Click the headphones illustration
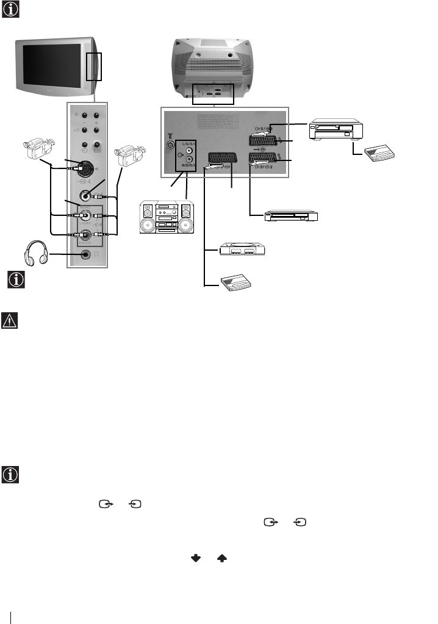(x=36, y=253)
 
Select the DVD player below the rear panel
(x=290, y=216)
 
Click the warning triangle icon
(x=10, y=320)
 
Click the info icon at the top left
(x=10, y=10)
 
